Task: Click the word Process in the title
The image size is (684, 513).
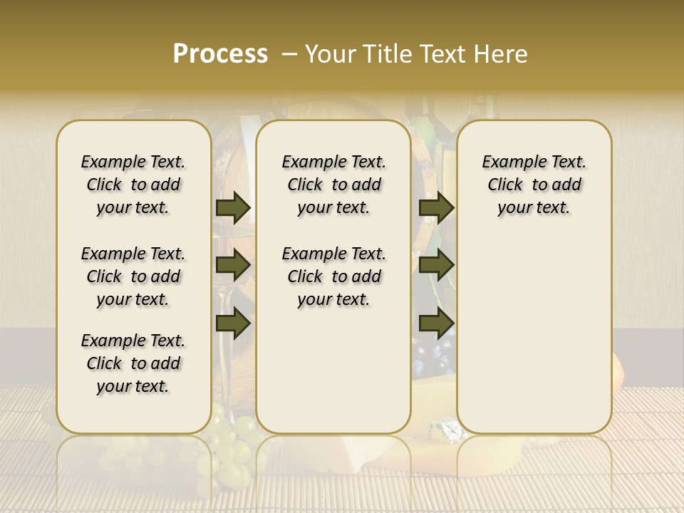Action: (x=220, y=54)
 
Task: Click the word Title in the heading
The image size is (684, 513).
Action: (x=387, y=54)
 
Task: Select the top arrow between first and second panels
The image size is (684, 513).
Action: (x=232, y=207)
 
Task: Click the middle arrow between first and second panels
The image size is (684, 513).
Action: (x=232, y=265)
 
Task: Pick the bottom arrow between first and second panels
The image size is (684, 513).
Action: (x=232, y=323)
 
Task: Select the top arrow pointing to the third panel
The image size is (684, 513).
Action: (x=436, y=207)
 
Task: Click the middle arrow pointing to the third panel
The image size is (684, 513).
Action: (x=436, y=265)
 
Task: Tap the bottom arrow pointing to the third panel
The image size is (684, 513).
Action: (x=436, y=323)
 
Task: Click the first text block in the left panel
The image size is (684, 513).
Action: (x=133, y=185)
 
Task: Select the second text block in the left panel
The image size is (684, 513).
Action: (x=133, y=276)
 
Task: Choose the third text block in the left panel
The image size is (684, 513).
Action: (x=133, y=363)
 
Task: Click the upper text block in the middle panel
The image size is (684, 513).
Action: (x=333, y=185)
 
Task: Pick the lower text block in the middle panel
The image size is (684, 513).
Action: (x=333, y=276)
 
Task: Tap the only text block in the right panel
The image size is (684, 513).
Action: (x=534, y=185)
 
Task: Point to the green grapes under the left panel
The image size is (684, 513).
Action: (x=232, y=445)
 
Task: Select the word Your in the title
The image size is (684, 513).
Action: (x=330, y=54)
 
